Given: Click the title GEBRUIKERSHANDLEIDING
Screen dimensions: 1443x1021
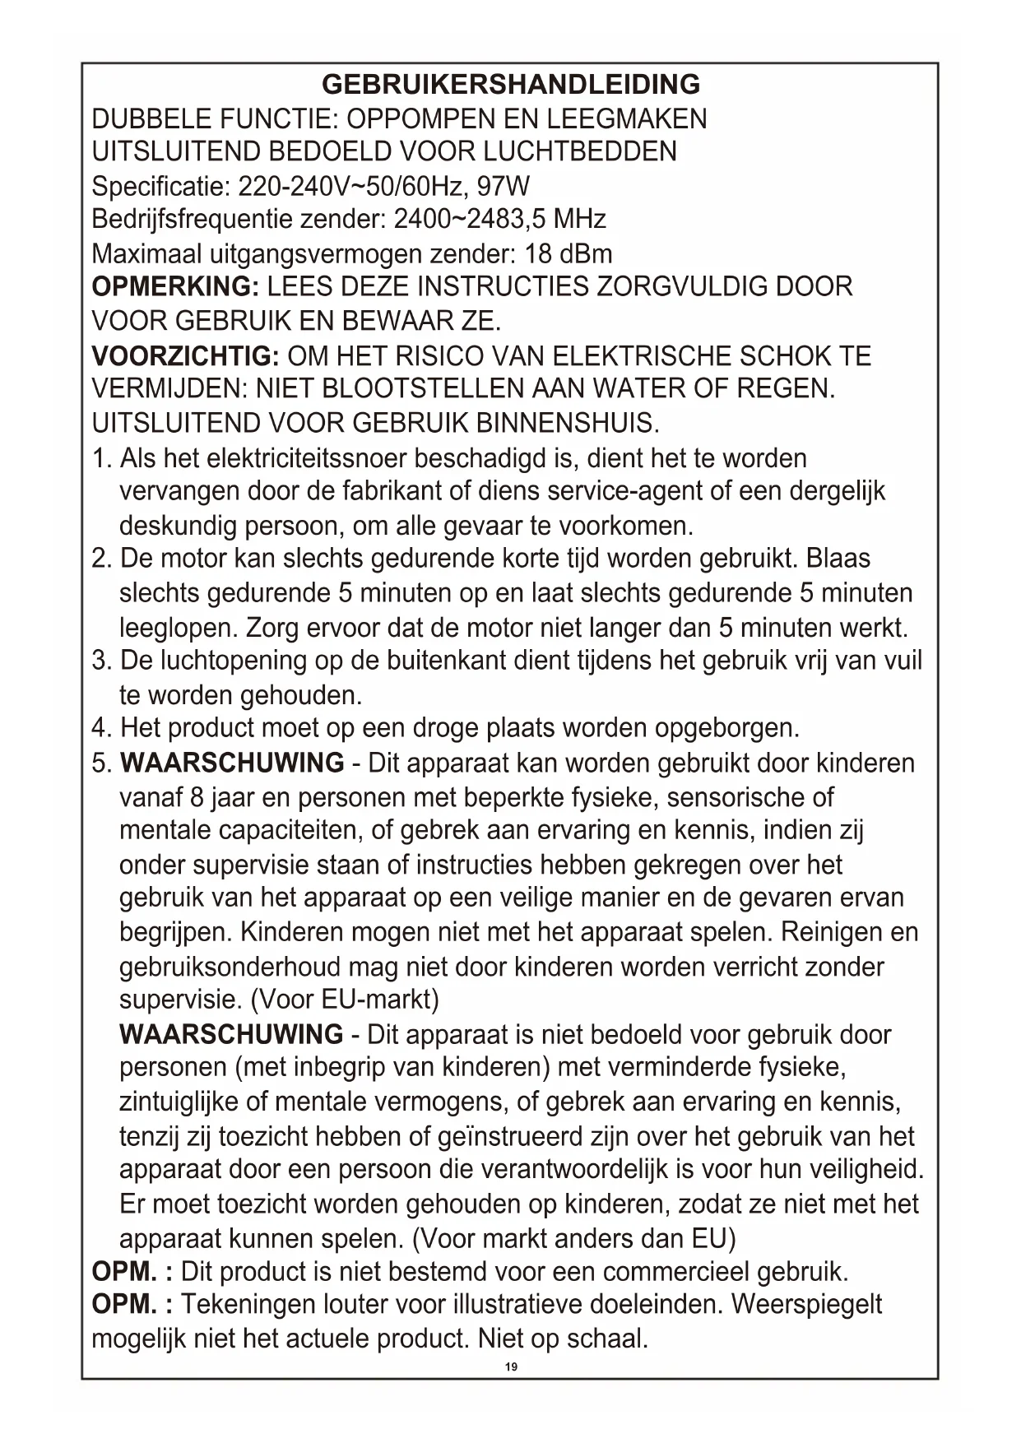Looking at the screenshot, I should (x=510, y=84).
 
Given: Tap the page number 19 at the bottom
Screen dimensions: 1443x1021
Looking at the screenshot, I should (x=511, y=1366).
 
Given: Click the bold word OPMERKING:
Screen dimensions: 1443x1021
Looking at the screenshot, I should (x=175, y=287).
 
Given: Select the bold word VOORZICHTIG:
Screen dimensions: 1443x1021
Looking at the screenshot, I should (x=186, y=356).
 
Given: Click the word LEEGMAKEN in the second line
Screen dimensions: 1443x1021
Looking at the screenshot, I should (x=627, y=118).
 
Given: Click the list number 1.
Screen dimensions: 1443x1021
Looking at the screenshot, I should (x=100, y=458).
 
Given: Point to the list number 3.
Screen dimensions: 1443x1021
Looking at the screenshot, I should (x=100, y=661).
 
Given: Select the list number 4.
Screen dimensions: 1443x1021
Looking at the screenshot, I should (x=100, y=728).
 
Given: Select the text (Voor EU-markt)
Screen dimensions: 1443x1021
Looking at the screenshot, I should (x=344, y=1000).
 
